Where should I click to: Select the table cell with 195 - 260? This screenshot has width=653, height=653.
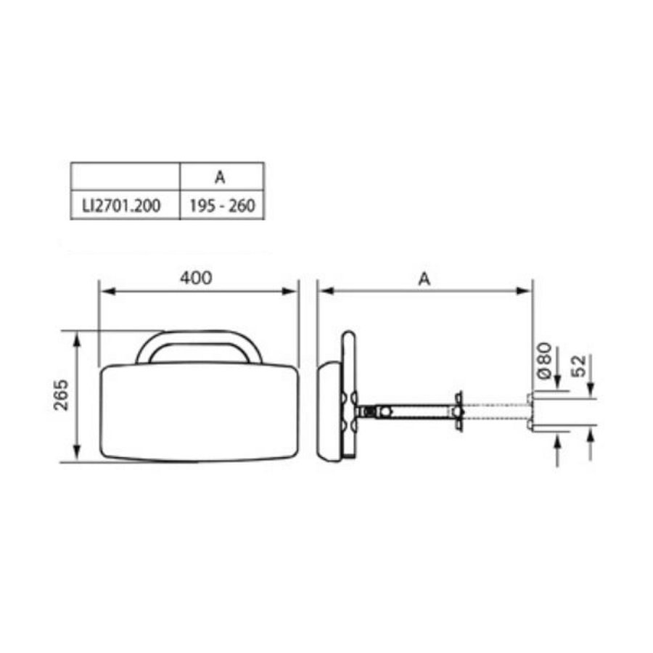coord(221,206)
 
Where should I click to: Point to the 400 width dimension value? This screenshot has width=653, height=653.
coord(198,278)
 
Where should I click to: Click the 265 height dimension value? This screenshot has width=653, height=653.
coord(61,395)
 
